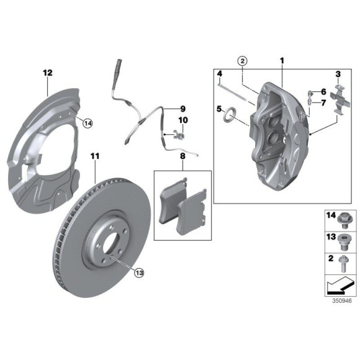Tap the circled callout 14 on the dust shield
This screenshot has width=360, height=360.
pyautogui.click(x=88, y=124)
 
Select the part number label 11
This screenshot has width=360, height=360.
pyautogui.click(x=94, y=155)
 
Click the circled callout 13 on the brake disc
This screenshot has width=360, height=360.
pyautogui.click(x=138, y=271)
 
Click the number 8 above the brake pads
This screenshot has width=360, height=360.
pyautogui.click(x=182, y=157)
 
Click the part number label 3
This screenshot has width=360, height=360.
pyautogui.click(x=338, y=74)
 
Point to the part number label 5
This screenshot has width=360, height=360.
pyautogui.click(x=219, y=109)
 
